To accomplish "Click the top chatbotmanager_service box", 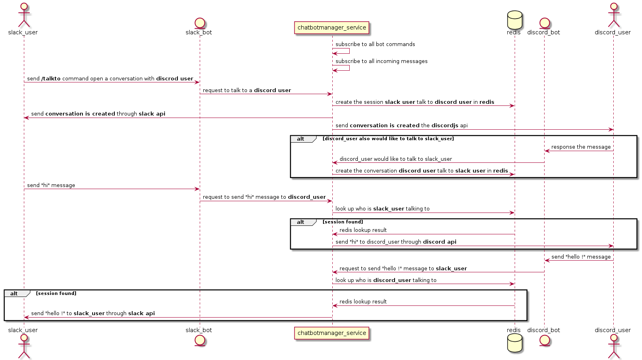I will (x=332, y=27).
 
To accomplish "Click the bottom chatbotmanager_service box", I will (x=332, y=333).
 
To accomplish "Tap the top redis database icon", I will (x=514, y=19).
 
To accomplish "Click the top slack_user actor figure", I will (x=23, y=15).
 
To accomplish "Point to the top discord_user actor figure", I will (x=613, y=15).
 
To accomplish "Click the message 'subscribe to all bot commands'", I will (x=375, y=44).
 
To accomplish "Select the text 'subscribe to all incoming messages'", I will (x=381, y=61).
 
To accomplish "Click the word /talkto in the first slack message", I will (x=51, y=79).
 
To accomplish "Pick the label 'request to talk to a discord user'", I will (x=247, y=91).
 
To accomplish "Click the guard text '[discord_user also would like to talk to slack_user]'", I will (x=388, y=139).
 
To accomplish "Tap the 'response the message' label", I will (x=581, y=147).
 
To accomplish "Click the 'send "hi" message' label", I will (x=51, y=185).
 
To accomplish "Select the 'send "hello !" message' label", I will (x=581, y=257).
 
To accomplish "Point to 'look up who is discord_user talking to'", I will (x=386, y=280).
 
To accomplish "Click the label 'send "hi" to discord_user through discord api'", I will (x=396, y=242).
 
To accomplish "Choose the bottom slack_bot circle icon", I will (x=199, y=340).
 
